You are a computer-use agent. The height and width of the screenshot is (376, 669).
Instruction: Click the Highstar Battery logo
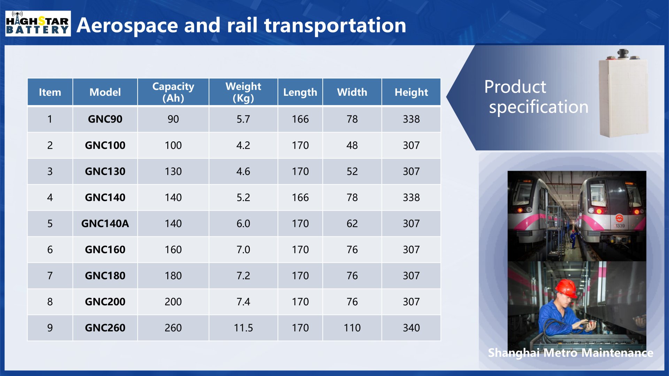[x=38, y=24]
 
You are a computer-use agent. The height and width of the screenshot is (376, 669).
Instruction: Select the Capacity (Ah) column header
[x=173, y=92]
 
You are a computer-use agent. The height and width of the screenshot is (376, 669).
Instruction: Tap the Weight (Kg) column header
[x=243, y=92]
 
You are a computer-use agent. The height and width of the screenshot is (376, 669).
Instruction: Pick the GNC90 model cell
[x=105, y=119]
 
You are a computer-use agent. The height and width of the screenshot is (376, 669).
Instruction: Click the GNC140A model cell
[x=105, y=224]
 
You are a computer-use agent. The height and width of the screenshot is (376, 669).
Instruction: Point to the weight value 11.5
[x=243, y=328]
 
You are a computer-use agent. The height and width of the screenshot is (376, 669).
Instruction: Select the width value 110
[x=352, y=328]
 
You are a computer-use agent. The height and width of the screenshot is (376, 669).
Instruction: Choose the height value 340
[x=411, y=328]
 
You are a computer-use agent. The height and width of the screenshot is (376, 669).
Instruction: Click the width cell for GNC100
[x=352, y=145]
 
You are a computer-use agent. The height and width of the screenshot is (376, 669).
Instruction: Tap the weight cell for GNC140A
[x=243, y=224]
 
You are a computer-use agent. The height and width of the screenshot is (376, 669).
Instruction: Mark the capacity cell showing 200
[x=173, y=301]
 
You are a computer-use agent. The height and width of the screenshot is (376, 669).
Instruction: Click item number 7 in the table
[x=50, y=276]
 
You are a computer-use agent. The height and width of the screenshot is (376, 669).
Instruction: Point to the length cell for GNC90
[x=300, y=119]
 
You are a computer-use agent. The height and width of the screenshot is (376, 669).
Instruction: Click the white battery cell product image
[x=623, y=94]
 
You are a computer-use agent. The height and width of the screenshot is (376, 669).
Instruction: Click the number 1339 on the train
[x=620, y=226]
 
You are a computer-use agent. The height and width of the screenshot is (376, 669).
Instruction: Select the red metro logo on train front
[x=619, y=218]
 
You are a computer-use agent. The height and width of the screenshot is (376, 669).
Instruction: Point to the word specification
[x=538, y=107]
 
